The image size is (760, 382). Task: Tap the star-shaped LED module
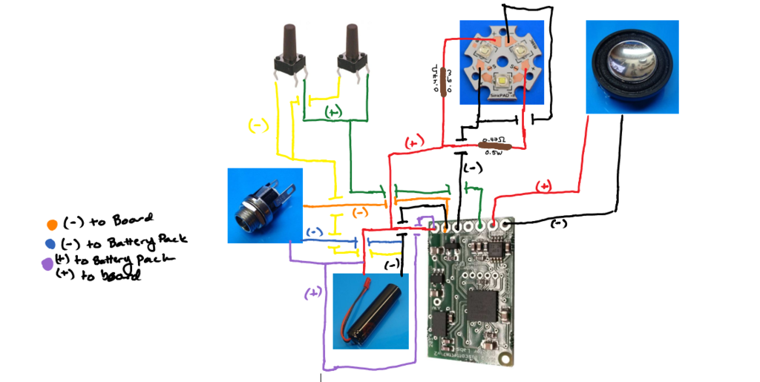click(x=499, y=63)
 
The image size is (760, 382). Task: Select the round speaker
click(x=632, y=67)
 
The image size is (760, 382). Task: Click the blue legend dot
click(x=50, y=243)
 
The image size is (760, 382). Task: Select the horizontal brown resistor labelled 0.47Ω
click(x=497, y=146)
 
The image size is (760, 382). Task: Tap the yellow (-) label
click(x=258, y=125)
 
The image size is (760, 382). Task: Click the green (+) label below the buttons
click(x=333, y=112)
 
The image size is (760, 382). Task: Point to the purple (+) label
click(x=313, y=293)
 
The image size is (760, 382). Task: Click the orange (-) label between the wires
click(x=359, y=212)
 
